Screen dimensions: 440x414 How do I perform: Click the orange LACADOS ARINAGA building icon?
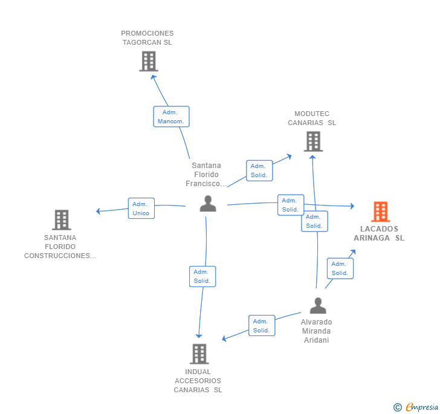[x=381, y=212]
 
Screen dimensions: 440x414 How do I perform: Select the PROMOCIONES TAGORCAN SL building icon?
[x=149, y=61]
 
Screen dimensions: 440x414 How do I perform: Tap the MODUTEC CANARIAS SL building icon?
[x=313, y=142]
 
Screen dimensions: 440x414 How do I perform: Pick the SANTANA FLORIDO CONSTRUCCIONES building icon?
[x=62, y=220]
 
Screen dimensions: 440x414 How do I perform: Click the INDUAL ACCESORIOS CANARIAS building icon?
[x=199, y=354]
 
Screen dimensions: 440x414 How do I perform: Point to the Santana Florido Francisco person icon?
[x=208, y=204]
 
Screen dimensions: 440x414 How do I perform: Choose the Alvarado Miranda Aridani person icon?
[x=318, y=305]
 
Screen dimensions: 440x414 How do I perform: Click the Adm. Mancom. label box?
[x=171, y=117]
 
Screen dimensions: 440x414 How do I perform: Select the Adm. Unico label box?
[x=141, y=209]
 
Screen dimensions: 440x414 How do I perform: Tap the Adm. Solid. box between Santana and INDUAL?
[x=202, y=276]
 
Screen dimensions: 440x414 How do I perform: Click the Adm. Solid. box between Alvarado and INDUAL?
[x=262, y=326]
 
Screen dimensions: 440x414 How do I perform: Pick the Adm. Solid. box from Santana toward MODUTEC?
[x=259, y=170]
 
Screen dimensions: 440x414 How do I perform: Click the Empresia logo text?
[x=422, y=407]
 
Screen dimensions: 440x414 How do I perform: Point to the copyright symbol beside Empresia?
[x=397, y=407]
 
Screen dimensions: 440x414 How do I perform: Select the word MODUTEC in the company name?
[x=312, y=114]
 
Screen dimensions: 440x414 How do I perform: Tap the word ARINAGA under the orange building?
[x=372, y=238]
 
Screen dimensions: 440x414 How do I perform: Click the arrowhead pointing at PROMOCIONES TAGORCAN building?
[x=153, y=77]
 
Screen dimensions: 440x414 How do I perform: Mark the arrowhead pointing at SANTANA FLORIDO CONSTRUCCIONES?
[x=98, y=211]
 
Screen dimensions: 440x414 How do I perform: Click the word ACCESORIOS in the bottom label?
[x=198, y=381]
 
